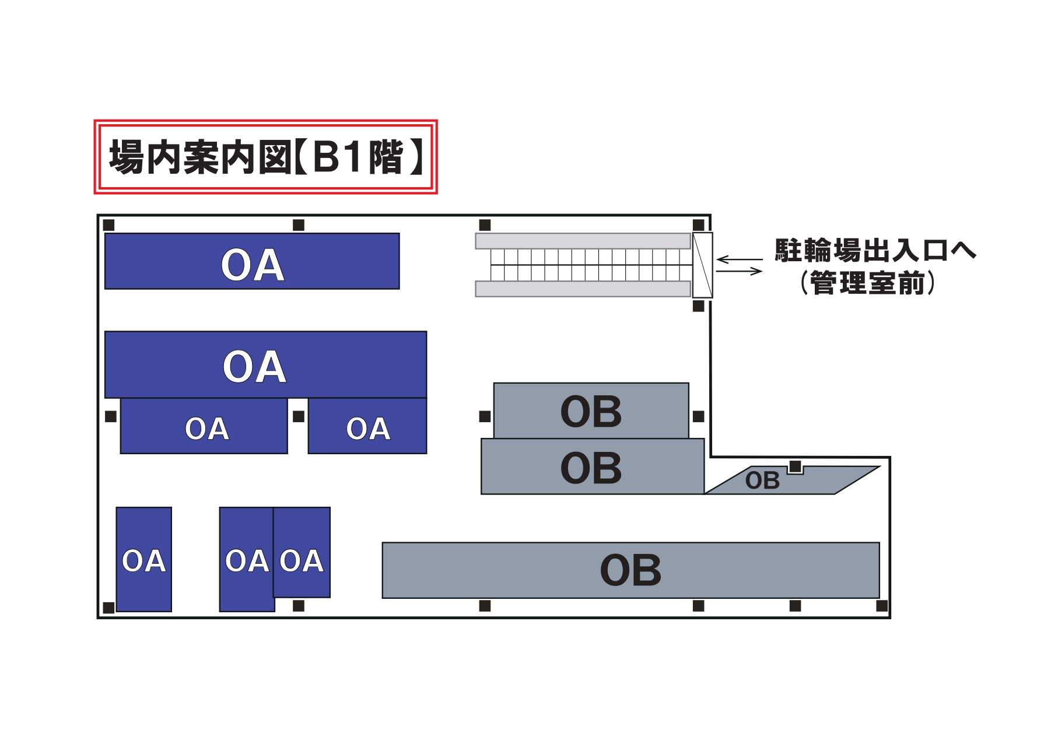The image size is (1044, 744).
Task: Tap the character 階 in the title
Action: [386, 157]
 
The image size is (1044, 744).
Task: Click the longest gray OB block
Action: [630, 570]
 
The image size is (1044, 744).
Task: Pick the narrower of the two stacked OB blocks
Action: [591, 410]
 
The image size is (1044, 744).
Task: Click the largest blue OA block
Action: [265, 365]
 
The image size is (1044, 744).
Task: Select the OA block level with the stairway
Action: [252, 261]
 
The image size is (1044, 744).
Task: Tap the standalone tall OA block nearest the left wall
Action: [144, 560]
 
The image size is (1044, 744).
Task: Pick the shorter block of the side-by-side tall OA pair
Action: [302, 553]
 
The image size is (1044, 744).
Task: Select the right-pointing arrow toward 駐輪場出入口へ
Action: [740, 271]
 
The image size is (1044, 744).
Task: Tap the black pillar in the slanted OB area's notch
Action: [795, 466]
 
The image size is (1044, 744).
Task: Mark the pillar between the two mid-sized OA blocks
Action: [299, 416]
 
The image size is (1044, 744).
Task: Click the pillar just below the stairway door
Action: [698, 306]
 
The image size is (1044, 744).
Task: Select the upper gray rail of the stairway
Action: [583, 241]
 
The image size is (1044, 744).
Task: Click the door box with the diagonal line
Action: [702, 265]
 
